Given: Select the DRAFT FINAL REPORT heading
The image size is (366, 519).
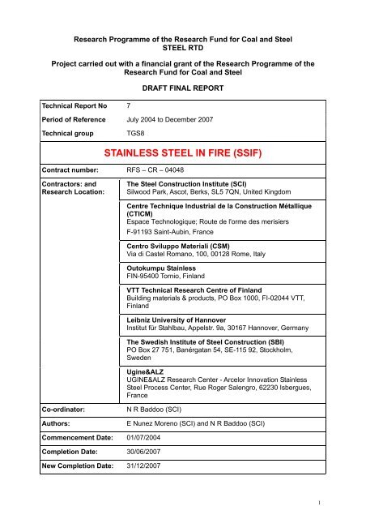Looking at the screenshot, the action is (x=183, y=83).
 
